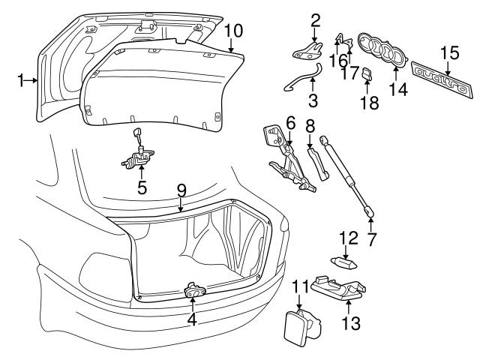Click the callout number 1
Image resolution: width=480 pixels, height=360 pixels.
coord(22,80)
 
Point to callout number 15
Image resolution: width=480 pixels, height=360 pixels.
coord(449,52)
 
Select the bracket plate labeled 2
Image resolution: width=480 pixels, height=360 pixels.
coord(308,52)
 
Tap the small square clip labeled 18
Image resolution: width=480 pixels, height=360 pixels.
coord(367,73)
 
